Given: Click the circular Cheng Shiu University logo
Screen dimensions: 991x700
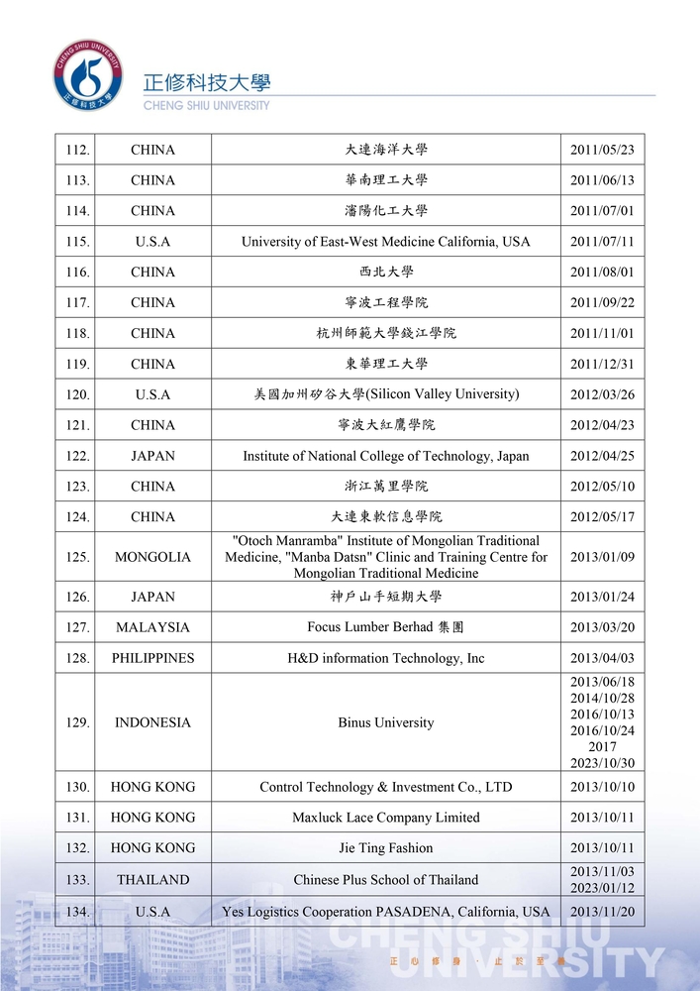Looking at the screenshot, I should coord(89,75).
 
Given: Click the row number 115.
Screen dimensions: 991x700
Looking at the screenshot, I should coord(77,242).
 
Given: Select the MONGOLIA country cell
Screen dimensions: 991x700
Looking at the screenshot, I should coord(152,557).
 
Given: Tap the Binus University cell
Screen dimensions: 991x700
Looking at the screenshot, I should coord(385,722).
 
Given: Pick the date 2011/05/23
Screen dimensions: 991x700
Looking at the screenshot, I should coord(602,151).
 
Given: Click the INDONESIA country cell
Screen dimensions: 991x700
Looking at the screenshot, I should coord(152,722).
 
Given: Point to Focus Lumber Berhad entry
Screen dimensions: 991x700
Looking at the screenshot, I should coord(385,627).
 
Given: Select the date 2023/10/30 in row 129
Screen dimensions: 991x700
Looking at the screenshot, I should coord(602,763).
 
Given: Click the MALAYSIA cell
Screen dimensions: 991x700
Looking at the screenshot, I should coord(152,627).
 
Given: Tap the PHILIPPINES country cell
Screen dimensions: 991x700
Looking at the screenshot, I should coord(152,658).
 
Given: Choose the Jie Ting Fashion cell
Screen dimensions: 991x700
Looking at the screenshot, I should coord(385,848).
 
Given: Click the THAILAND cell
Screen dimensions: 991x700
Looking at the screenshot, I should coord(152,880).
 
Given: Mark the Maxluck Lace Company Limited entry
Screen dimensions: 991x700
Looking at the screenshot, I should coord(385,818).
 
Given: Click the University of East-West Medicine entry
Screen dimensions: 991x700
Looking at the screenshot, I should coord(385,242).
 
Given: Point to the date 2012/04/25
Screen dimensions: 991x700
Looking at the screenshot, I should coord(602,456).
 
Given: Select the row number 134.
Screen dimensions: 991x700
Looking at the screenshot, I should coord(77,912).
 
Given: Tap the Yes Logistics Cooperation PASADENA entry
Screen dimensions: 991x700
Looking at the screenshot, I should coord(385,912).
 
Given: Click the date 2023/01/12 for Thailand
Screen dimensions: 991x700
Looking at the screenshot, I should coord(602,888).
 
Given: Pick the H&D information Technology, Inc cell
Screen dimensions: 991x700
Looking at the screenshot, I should coord(385,658).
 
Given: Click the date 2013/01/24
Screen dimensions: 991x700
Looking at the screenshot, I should coord(602,597).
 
